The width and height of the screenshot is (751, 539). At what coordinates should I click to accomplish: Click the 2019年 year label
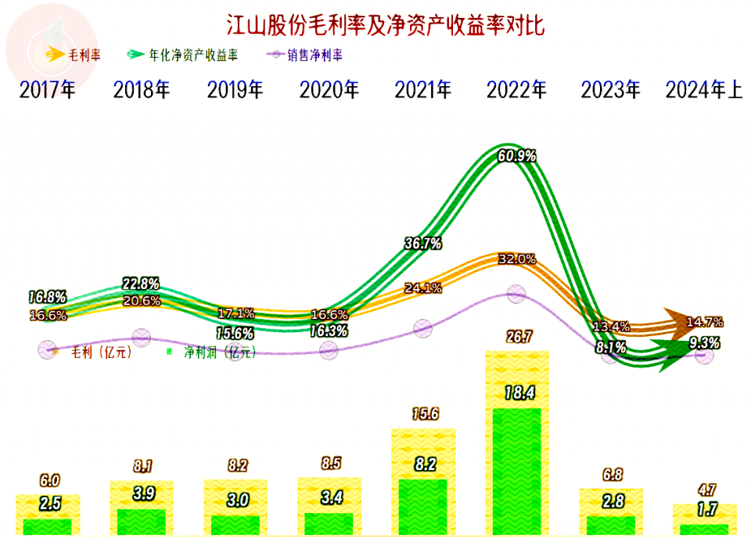point(235,90)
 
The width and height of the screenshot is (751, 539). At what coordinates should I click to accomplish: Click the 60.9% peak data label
point(517,156)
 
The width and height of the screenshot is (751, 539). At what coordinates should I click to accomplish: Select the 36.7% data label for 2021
point(423,244)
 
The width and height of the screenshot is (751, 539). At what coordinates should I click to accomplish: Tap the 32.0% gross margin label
point(516,259)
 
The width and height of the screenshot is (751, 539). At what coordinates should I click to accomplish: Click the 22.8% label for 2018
point(142,283)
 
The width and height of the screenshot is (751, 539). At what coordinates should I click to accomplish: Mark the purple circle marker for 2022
point(516,294)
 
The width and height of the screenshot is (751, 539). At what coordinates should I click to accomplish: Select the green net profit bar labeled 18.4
point(517,470)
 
